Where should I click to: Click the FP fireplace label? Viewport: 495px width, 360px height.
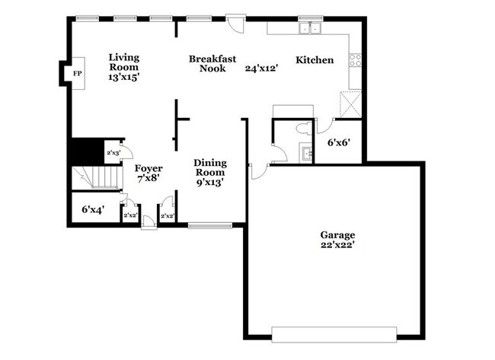click(78, 74)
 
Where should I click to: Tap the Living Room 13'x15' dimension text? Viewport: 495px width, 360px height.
click(123, 77)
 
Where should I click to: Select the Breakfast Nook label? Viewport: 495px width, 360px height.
click(212, 63)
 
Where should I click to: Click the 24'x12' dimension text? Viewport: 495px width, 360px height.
click(261, 68)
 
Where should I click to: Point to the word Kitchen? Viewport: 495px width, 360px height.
click(315, 60)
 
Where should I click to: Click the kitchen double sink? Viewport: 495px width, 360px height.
click(310, 28)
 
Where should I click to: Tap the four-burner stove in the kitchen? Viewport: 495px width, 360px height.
click(355, 60)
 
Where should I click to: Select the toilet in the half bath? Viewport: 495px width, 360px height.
click(304, 129)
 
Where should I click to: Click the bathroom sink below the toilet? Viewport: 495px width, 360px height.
click(305, 153)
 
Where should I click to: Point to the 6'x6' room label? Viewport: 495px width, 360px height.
click(339, 142)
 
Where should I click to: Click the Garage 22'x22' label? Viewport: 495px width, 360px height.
click(337, 240)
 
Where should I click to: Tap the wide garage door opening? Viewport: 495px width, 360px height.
click(334, 334)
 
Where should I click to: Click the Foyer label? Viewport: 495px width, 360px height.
click(148, 168)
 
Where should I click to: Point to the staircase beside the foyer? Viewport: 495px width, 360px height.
click(97, 178)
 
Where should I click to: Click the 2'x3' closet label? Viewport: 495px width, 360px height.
click(113, 153)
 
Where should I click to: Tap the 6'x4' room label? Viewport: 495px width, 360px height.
click(93, 209)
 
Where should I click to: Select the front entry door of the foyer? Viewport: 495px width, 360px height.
click(148, 221)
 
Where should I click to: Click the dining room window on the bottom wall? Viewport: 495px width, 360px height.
click(210, 225)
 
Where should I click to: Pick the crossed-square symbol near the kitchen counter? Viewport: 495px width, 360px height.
click(350, 104)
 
